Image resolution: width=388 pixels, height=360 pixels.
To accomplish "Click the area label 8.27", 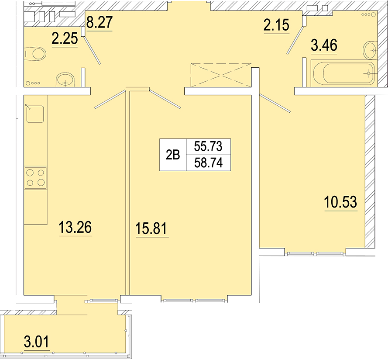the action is coord(99,22).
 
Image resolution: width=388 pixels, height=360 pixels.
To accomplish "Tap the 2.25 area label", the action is coord(65,38).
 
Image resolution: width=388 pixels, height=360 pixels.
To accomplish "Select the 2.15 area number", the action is coord(276,25).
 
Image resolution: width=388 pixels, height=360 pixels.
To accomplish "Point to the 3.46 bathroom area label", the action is coord(324,45).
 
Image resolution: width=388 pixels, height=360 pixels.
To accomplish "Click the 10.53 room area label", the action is coord(340,202).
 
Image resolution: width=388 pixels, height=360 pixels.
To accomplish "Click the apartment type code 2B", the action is coord(173,155).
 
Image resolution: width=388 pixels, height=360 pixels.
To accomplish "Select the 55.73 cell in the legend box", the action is coord(208,146).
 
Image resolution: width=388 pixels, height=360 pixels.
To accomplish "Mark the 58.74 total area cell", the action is coord(208,163).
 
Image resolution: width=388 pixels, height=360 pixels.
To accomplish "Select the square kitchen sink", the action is coord(35,114).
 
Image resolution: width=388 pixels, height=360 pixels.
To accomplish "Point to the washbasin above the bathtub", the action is coord(371,50).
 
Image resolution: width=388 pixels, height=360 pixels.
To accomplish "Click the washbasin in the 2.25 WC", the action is coord(65,80).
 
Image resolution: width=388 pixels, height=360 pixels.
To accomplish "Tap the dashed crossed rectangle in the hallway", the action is coord(221,75).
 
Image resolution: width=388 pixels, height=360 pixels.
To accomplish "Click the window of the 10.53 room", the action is coord(315,253).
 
